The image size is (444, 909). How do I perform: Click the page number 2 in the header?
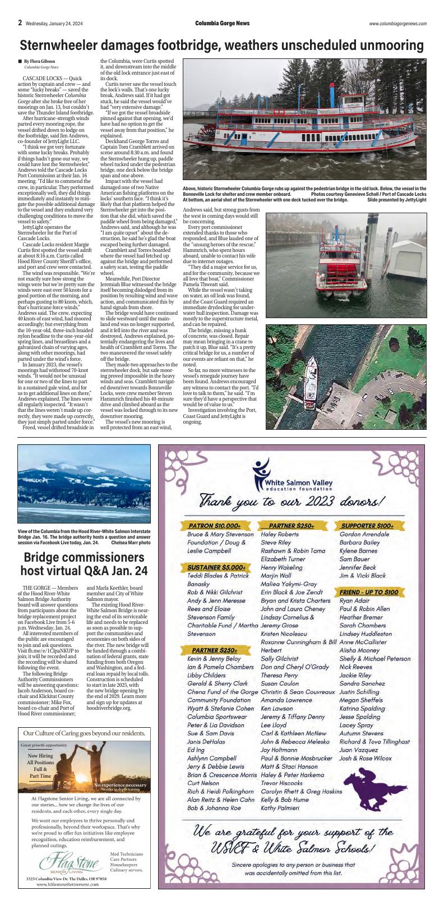tap(20, 23)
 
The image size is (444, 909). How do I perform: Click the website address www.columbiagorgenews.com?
tap(397, 24)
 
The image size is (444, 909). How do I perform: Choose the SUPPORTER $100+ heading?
tap(367, 526)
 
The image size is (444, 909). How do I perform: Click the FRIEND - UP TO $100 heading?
tap(368, 592)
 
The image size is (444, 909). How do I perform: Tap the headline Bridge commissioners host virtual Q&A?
tap(84, 564)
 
